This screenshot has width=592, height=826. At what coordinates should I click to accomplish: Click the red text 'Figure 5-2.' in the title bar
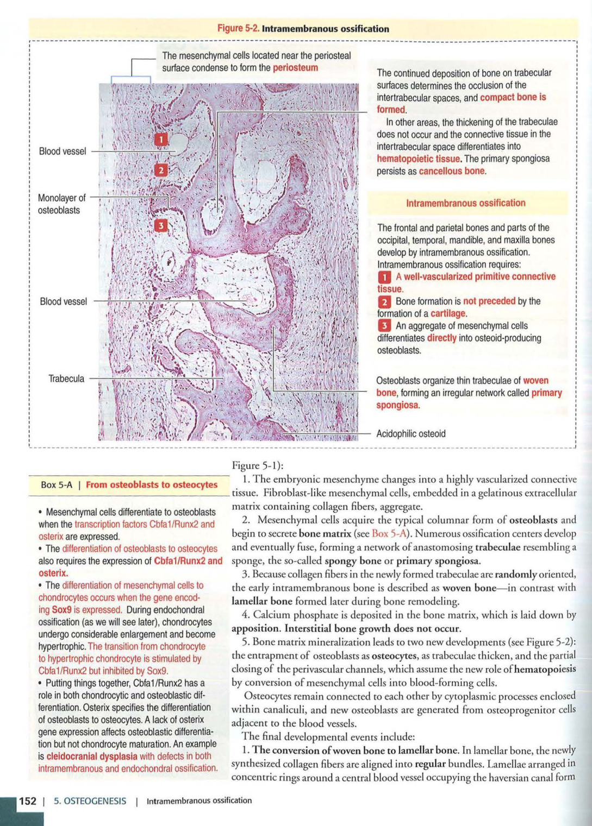pos(239,29)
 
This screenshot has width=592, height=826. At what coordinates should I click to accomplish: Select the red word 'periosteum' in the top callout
pos(295,68)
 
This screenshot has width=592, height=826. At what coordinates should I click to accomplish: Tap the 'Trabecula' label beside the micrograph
pos(66,379)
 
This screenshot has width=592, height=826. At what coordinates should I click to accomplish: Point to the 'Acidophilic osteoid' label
pos(410,434)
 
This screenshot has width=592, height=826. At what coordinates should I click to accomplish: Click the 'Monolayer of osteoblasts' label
pos(61,204)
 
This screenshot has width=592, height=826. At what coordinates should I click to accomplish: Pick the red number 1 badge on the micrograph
pos(161,140)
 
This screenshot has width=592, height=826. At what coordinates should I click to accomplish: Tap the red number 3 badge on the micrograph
pos(161,225)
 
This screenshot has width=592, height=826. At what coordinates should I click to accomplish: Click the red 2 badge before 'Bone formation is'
pos(384,301)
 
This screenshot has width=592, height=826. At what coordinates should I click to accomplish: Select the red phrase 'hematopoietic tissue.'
pos(419,159)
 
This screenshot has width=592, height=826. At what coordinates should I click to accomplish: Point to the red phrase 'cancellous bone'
pos(451,172)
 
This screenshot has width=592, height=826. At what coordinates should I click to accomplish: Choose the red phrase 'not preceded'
pos(489,301)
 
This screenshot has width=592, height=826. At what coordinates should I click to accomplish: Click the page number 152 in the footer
pos(28,801)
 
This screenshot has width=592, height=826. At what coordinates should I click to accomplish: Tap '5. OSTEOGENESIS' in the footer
pos(90,801)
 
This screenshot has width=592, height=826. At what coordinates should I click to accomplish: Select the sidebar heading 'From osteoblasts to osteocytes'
pos(151,485)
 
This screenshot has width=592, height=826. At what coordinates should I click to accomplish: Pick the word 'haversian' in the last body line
pos(509,778)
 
